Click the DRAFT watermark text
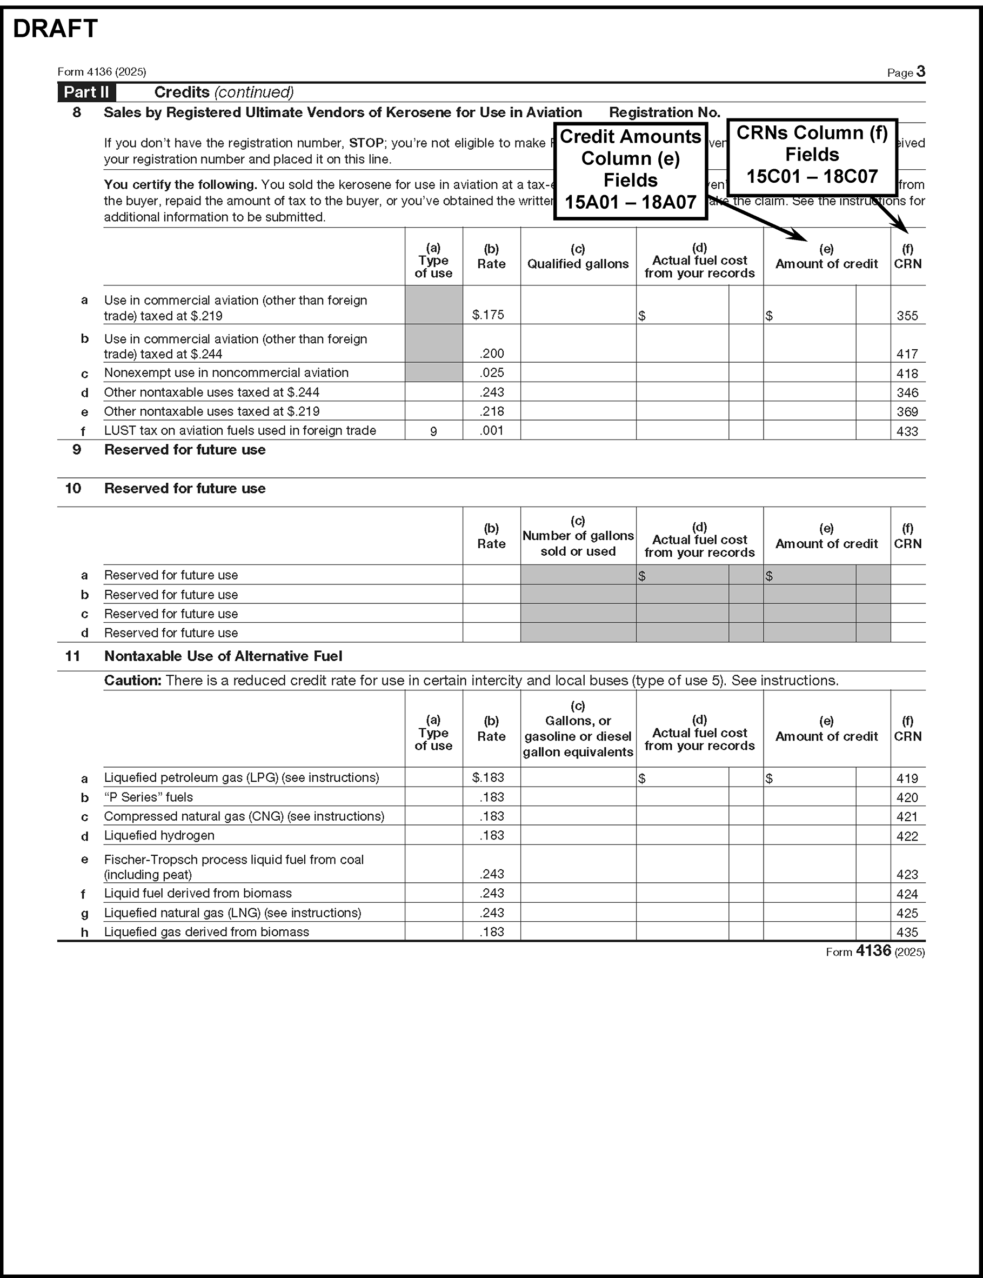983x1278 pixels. [55, 29]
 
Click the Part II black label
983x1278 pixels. [86, 92]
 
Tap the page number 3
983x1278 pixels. [920, 71]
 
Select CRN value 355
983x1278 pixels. [907, 316]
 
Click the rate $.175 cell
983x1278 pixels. [488, 315]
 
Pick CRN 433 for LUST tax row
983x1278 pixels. [907, 431]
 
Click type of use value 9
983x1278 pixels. [433, 431]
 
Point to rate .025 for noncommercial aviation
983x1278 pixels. [492, 373]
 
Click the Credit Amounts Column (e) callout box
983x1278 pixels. [630, 170]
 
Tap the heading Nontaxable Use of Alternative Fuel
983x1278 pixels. [223, 656]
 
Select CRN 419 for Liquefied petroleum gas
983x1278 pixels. [907, 778]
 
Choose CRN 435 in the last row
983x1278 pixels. [907, 932]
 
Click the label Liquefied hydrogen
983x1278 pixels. [159, 835]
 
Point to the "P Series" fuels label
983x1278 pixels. [148, 797]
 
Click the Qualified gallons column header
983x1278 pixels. [578, 263]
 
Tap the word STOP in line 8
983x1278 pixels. [366, 143]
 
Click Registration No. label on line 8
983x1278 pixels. [664, 112]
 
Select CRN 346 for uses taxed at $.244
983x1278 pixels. [907, 392]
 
